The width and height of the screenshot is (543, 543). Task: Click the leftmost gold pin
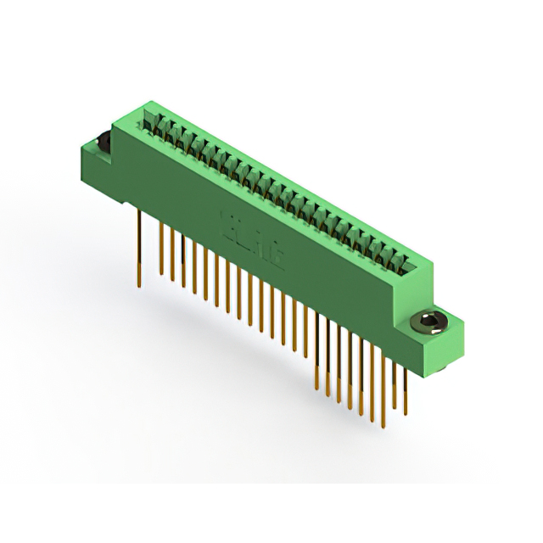click(139, 246)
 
